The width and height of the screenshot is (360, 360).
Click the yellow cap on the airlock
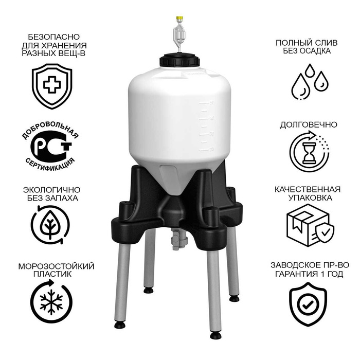(x=179, y=18)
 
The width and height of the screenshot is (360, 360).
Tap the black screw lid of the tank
(x=179, y=60)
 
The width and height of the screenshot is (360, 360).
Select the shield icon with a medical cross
(x=52, y=86)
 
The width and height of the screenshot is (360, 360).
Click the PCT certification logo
(x=50, y=146)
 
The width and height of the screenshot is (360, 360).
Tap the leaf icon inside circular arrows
(x=50, y=225)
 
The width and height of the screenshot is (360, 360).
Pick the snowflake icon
(x=51, y=302)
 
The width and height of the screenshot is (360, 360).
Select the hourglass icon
(x=309, y=152)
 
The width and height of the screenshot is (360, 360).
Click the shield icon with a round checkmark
(x=308, y=304)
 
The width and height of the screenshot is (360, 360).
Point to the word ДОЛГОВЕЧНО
(x=309, y=124)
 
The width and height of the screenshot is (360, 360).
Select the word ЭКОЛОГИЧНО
(x=51, y=190)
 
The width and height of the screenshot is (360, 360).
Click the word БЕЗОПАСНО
(x=53, y=37)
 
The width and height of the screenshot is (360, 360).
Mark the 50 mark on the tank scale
(x=212, y=103)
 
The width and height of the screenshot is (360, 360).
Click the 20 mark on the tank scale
(x=211, y=150)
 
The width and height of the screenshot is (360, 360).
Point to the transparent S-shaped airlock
(x=179, y=37)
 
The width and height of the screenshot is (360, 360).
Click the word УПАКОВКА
(x=310, y=197)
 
